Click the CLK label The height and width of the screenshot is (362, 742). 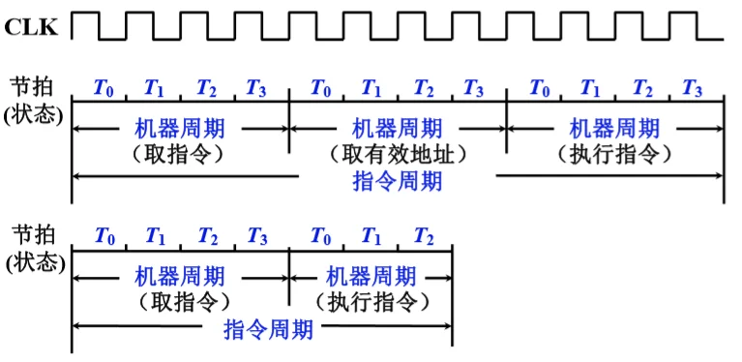(x=32, y=27)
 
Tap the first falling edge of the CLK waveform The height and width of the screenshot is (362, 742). (x=99, y=27)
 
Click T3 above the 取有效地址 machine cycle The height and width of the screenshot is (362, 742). (x=474, y=88)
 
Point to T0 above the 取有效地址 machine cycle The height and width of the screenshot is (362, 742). (x=321, y=88)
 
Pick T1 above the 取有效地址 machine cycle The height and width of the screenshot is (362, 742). (x=372, y=88)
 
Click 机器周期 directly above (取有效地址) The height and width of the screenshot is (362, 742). (x=398, y=128)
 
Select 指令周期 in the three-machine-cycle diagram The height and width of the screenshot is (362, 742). (x=398, y=180)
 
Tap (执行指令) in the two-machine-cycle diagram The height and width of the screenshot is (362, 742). (x=372, y=302)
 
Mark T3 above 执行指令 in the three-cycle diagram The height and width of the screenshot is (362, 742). (x=692, y=88)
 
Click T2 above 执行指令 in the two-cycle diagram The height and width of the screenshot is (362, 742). (x=423, y=236)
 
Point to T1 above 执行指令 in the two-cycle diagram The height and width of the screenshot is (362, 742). (x=372, y=236)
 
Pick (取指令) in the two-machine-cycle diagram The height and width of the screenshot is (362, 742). (x=180, y=302)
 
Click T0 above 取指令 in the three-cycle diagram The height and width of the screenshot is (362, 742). (x=104, y=88)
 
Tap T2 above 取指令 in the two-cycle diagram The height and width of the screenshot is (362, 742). (x=207, y=236)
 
